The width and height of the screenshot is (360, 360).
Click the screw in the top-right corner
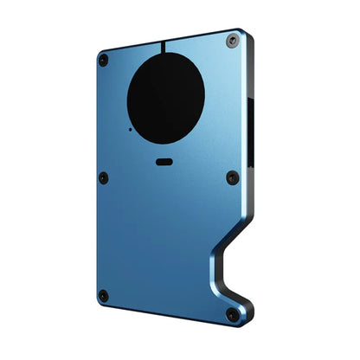[232, 41]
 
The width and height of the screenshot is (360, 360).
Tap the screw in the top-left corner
[104, 60]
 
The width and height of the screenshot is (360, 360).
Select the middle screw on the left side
[103, 177]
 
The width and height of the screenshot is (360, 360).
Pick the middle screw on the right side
[232, 177]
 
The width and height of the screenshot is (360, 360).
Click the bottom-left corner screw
[103, 296]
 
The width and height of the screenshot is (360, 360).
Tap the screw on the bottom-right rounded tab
[231, 314]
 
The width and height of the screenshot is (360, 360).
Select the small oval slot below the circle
[164, 161]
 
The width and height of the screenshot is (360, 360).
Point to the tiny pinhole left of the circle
[130, 129]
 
